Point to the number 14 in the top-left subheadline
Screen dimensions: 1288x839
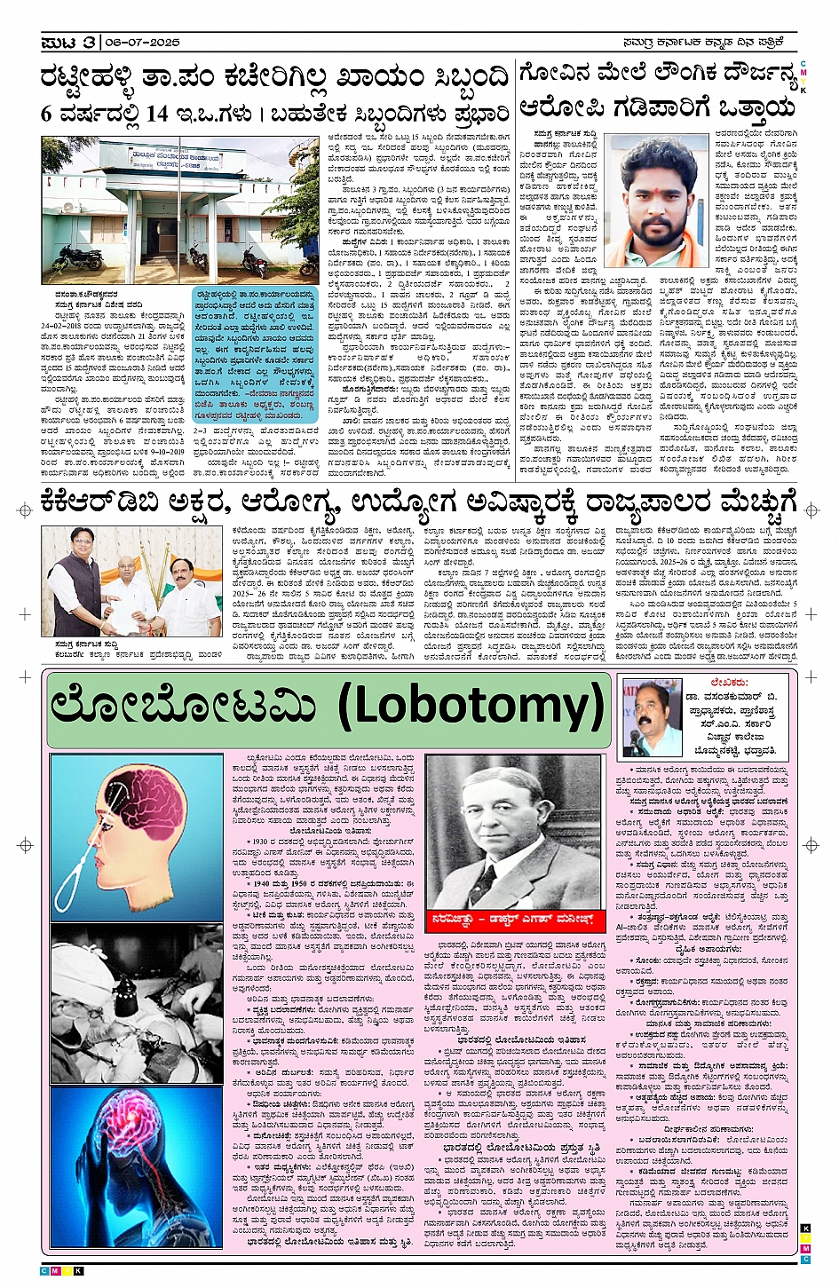tap(157, 114)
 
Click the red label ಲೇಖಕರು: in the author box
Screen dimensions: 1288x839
tap(728, 682)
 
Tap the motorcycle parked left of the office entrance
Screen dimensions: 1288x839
tap(80, 258)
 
